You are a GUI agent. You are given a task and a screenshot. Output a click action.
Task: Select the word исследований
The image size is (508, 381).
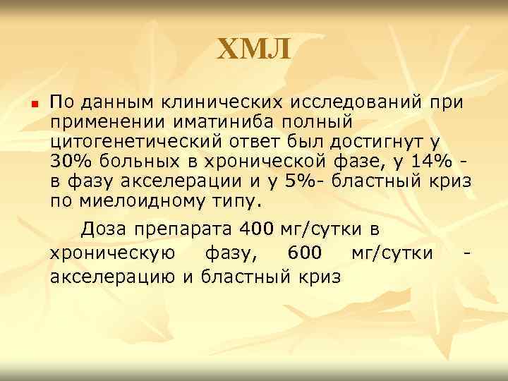point(356,102)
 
